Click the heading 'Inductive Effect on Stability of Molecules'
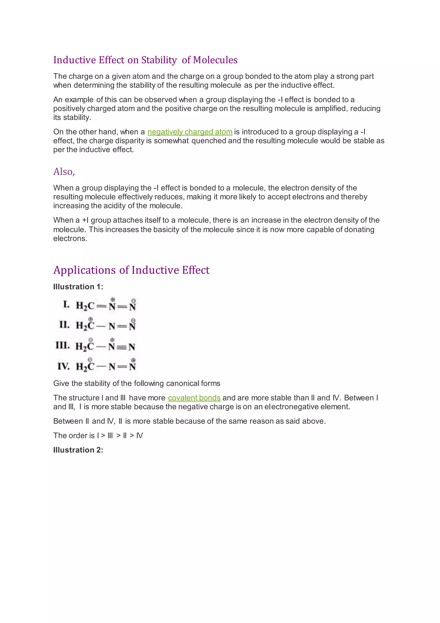pyautogui.click(x=145, y=60)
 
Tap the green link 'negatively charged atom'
pyautogui.click(x=190, y=132)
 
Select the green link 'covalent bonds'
pyautogui.click(x=194, y=398)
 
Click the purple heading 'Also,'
pyautogui.click(x=64, y=172)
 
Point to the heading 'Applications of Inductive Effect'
pyautogui.click(x=131, y=270)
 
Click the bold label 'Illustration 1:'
pyautogui.click(x=78, y=287)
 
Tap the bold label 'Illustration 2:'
pyautogui.click(x=78, y=450)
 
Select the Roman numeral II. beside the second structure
pyautogui.click(x=64, y=325)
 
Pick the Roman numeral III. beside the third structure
pyautogui.click(x=63, y=345)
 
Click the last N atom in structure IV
pyautogui.click(x=132, y=367)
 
